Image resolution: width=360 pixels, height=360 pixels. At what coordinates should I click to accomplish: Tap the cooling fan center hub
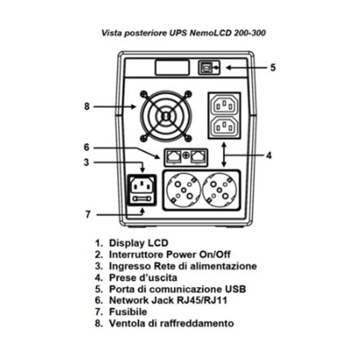click(x=166, y=116)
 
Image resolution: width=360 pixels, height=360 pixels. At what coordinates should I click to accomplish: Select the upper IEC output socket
click(x=224, y=105)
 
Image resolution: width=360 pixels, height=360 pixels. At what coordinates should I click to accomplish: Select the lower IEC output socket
click(x=224, y=126)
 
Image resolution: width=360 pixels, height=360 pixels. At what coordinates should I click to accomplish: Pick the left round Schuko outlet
click(x=184, y=190)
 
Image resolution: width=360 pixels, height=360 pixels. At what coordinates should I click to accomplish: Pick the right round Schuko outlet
click(x=220, y=190)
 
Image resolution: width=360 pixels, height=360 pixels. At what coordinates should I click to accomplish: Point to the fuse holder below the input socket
click(x=142, y=199)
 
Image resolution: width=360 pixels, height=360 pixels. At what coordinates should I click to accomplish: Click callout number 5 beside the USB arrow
click(x=273, y=67)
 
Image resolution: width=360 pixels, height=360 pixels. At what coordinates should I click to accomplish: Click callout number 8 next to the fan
click(x=87, y=106)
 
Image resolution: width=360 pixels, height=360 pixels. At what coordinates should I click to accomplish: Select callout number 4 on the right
click(x=269, y=155)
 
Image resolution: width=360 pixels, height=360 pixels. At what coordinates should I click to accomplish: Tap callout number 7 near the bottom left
click(x=88, y=215)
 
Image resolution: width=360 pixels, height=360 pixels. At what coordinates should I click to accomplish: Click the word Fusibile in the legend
click(x=128, y=312)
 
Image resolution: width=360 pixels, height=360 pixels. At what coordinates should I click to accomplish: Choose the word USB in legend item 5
click(x=235, y=289)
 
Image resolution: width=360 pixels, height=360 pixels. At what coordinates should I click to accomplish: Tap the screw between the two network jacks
click(x=186, y=155)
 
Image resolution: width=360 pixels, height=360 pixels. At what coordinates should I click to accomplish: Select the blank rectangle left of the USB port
click(x=172, y=67)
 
